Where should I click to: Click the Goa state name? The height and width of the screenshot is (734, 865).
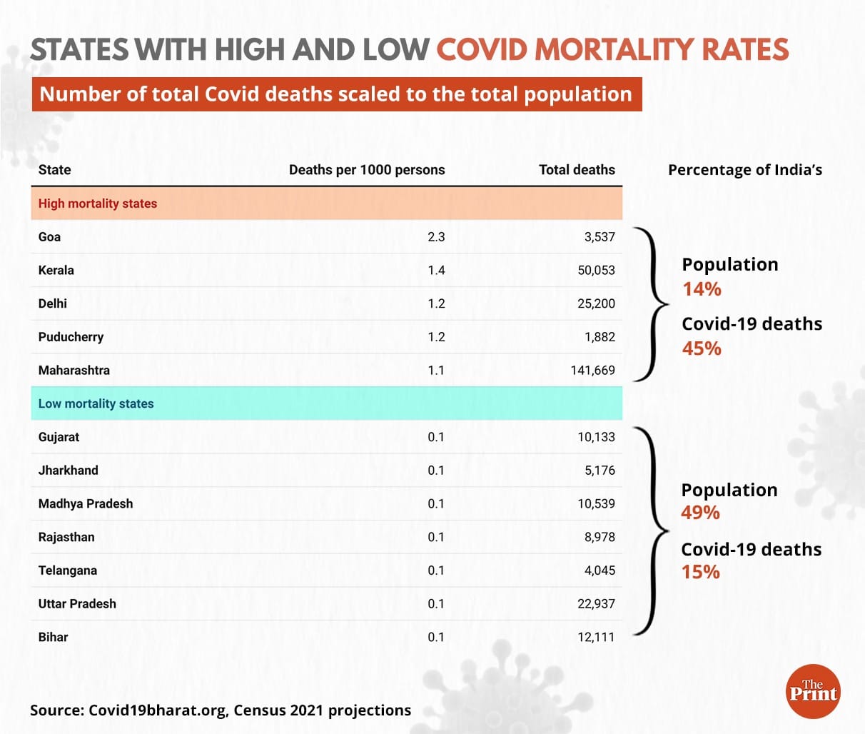[49, 237]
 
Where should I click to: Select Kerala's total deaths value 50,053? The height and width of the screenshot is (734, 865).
[596, 271]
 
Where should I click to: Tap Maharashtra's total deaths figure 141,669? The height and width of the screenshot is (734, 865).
[592, 371]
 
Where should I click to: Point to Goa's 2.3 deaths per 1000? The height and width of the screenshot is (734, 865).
[436, 237]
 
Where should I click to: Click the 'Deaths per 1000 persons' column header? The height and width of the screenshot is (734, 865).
[367, 170]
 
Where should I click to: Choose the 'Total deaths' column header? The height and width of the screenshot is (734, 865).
[577, 170]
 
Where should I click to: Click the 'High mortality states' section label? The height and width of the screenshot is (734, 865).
[98, 203]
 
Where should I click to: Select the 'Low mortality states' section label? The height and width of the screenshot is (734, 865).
[96, 404]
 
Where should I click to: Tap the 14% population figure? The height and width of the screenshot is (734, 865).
[702, 289]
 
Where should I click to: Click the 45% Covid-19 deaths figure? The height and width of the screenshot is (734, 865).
[702, 348]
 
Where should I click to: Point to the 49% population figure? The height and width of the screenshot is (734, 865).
[701, 513]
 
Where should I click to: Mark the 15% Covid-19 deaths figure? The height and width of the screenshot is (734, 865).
[701, 572]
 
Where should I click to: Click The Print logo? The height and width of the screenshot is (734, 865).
[813, 690]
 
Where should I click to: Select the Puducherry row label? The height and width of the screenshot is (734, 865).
[71, 337]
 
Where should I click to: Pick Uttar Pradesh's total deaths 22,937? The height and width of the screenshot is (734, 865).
[596, 604]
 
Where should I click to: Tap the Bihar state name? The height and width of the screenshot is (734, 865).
[54, 637]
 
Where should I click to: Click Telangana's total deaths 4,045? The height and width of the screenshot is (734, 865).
[600, 570]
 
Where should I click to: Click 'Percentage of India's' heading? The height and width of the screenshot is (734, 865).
[745, 170]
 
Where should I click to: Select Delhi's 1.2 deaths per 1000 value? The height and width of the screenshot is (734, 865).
[436, 303]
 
